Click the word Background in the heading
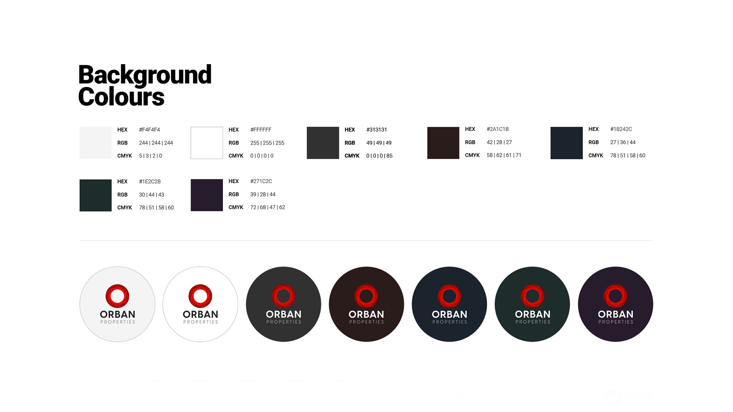(145, 75)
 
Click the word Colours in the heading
(121, 97)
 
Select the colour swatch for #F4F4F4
(95, 143)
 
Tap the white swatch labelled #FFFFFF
(207, 143)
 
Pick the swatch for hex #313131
(323, 143)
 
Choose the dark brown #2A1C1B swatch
(443, 143)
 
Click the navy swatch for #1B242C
(567, 143)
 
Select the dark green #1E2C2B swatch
(95, 195)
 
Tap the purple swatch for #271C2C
(207, 195)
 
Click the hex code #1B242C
(621, 129)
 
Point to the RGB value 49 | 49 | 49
(379, 143)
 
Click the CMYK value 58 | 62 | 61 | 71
(504, 155)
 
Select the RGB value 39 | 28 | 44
(263, 195)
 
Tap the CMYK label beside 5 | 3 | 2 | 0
(124, 156)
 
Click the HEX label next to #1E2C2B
(122, 182)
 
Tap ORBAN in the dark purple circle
(615, 314)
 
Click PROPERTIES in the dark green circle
(533, 322)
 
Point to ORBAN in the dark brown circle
(366, 314)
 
